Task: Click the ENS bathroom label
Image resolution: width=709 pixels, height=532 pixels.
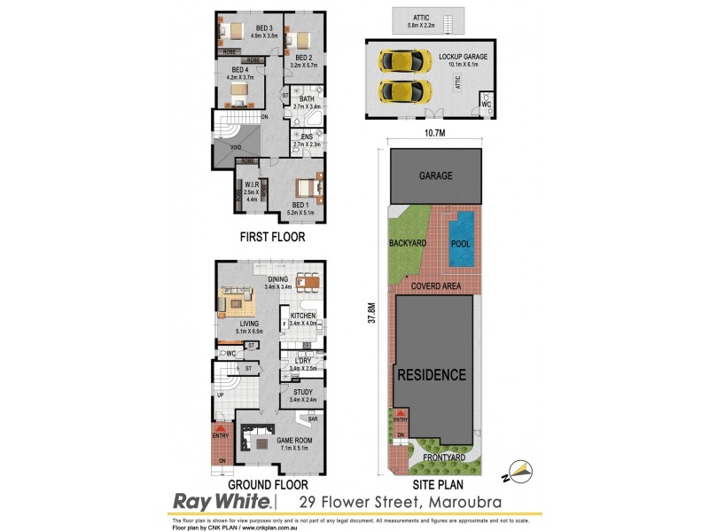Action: (x=307, y=136)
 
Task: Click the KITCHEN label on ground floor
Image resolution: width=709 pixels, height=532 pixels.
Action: (x=303, y=315)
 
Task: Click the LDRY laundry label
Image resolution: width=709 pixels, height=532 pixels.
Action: (x=303, y=359)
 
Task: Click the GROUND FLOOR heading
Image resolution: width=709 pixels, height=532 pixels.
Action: (x=269, y=485)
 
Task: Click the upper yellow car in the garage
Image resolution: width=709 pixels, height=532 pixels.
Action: (x=398, y=61)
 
